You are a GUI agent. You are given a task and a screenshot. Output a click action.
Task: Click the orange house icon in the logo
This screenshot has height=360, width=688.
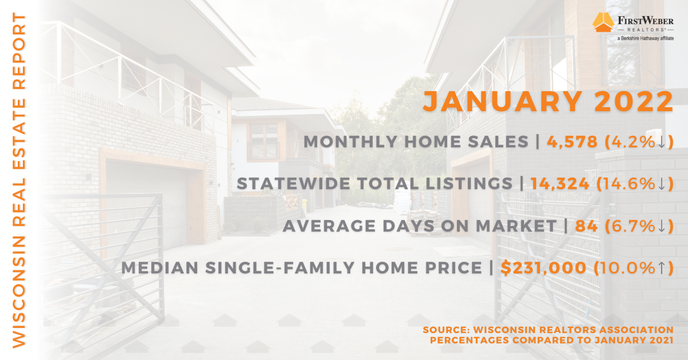603,22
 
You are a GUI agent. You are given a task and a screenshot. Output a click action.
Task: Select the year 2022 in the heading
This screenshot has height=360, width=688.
634,101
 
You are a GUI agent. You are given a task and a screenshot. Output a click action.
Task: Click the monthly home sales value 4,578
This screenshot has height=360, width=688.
572,142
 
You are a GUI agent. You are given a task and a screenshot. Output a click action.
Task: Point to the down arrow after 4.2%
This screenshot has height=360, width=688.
662,142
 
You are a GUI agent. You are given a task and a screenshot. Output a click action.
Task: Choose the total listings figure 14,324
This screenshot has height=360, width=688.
560,183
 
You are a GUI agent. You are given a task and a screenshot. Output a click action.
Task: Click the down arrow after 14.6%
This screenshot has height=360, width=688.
662,183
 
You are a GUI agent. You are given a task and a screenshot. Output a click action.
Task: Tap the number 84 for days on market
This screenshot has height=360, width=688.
586,226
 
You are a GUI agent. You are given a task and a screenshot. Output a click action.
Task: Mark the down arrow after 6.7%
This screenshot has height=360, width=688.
662,226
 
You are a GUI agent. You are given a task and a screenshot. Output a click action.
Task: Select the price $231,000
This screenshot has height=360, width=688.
544,268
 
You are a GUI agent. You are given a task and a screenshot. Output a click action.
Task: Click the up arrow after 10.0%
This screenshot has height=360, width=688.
662,268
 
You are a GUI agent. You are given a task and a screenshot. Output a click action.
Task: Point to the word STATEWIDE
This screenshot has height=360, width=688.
294,183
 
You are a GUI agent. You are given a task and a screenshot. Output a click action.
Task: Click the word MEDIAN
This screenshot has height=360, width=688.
160,268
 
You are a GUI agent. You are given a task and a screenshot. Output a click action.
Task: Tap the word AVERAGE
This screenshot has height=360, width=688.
329,226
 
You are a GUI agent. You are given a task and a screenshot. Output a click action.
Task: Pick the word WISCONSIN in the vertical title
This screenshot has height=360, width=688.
19,292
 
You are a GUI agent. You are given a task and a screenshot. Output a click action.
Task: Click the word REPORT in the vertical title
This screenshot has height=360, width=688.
19,50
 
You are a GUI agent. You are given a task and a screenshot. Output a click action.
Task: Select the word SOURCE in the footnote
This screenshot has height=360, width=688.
446,330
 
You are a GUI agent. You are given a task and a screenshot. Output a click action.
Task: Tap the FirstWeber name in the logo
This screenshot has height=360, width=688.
646,21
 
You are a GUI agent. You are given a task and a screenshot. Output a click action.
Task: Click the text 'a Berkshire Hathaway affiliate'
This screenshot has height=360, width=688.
646,38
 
